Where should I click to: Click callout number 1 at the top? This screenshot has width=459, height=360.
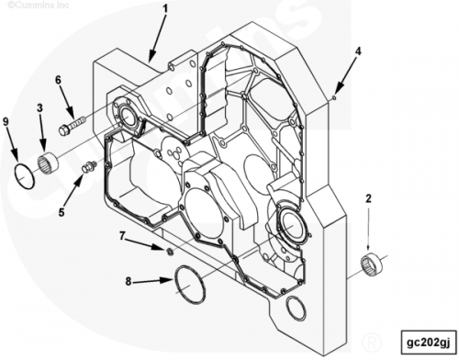tap(165, 8)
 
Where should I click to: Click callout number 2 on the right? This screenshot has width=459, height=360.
tap(368, 198)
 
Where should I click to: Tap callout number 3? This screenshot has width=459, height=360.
tap(39, 107)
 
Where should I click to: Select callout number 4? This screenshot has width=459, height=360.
tap(358, 51)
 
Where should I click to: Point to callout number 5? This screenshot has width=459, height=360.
tap(62, 212)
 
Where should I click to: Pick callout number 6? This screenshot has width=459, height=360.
tap(58, 80)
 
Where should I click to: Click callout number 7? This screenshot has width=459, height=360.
tap(122, 236)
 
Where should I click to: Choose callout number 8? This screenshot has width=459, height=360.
tap(129, 281)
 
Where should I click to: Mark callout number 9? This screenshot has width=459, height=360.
tap(6, 121)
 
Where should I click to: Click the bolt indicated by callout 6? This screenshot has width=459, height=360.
tap(73, 126)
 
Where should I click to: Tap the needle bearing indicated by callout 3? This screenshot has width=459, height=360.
tap(49, 162)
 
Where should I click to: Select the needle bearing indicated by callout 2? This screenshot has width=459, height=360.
tap(371, 264)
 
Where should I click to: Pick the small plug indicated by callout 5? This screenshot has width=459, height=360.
tap(89, 166)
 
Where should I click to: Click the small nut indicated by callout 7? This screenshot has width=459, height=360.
tap(169, 252)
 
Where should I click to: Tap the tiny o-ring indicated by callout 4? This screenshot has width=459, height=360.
tap(334, 97)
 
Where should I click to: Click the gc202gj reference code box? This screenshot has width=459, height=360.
tap(429, 343)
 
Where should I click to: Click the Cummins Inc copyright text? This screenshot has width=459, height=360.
tap(39, 5)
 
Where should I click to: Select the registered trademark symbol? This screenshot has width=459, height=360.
tap(372, 342)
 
